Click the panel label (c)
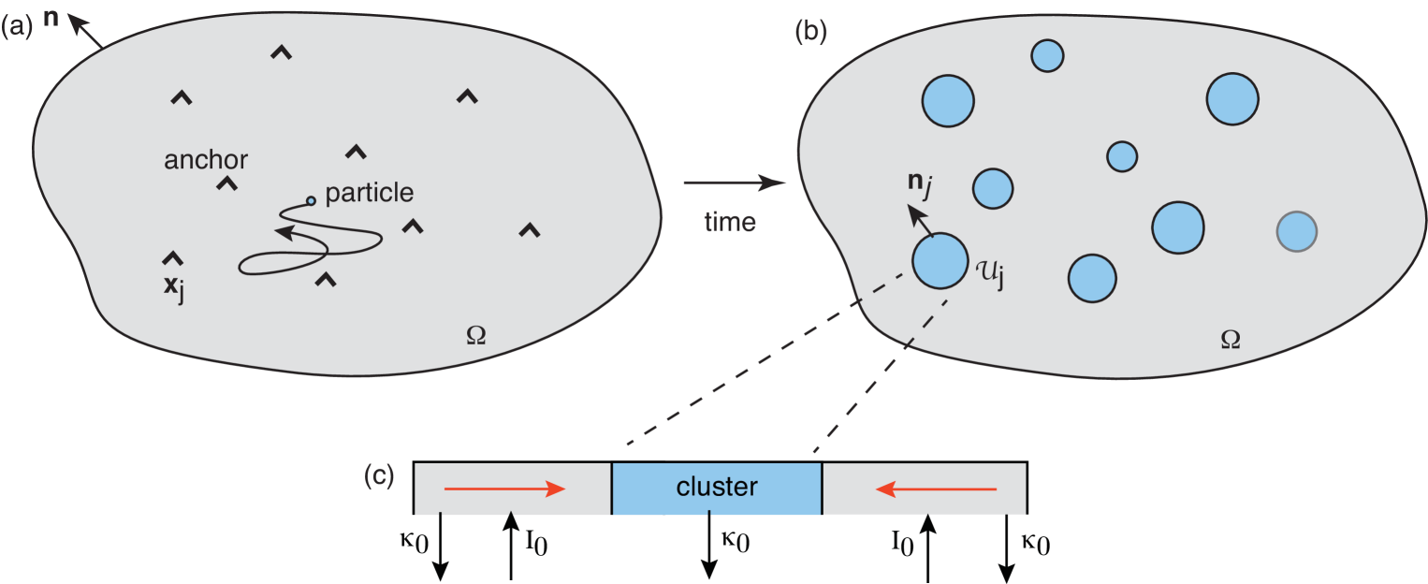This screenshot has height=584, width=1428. pyautogui.click(x=378, y=476)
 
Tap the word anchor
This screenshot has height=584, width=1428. pyautogui.click(x=206, y=160)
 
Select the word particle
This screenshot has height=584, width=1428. pyautogui.click(x=369, y=194)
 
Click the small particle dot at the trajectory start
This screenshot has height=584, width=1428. pyautogui.click(x=311, y=199)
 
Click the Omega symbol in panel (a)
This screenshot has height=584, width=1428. pyautogui.click(x=475, y=335)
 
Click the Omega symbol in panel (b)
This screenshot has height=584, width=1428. pyautogui.click(x=1231, y=340)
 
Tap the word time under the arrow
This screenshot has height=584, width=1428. pyautogui.click(x=730, y=223)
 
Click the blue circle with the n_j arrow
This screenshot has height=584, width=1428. pyautogui.click(x=940, y=261)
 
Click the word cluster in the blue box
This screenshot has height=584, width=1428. pyautogui.click(x=717, y=488)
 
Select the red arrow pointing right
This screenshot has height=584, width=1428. pyautogui.click(x=504, y=489)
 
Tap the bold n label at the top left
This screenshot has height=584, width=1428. pyautogui.click(x=51, y=17)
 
